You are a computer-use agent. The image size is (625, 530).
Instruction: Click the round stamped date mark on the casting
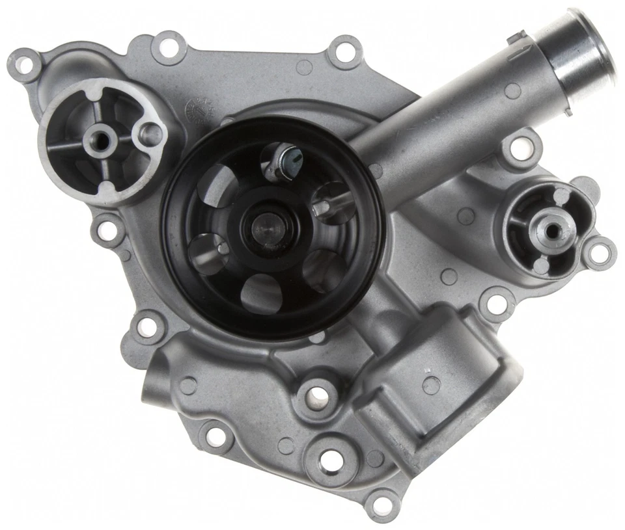tap(198, 108)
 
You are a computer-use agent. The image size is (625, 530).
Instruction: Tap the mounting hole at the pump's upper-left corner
tap(24, 64)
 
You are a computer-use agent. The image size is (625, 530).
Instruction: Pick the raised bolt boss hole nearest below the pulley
tap(316, 393)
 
